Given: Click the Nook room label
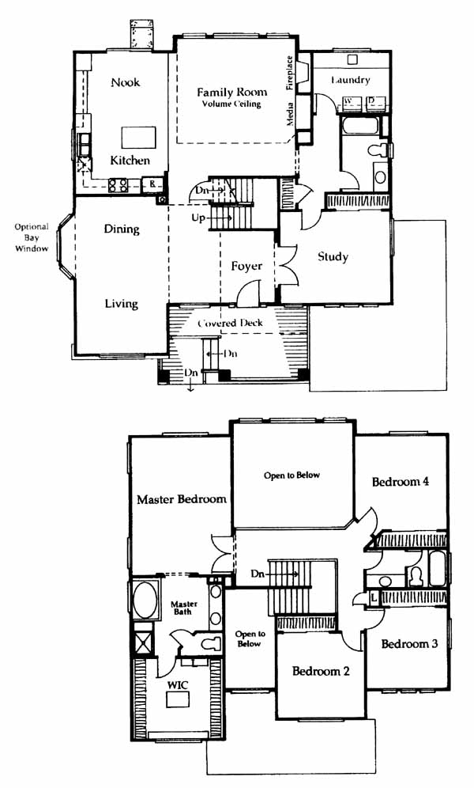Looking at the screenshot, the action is click(x=126, y=82).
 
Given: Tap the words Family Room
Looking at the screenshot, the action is click(x=231, y=92).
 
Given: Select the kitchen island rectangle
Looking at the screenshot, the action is click(x=138, y=137).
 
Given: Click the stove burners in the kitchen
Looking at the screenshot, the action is click(x=118, y=185).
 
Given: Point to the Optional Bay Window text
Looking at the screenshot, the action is click(x=31, y=237).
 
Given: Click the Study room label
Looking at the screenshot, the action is click(x=333, y=257).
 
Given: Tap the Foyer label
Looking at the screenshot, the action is click(x=246, y=266).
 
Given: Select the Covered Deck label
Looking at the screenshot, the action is click(x=230, y=323).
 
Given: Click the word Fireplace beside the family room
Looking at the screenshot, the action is click(x=289, y=72).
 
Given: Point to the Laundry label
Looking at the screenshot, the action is click(x=351, y=79).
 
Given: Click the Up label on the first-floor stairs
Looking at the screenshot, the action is click(x=198, y=218).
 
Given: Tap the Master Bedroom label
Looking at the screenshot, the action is click(x=182, y=499).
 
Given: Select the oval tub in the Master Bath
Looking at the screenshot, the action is click(x=145, y=600).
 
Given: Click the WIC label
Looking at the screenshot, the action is click(x=178, y=685).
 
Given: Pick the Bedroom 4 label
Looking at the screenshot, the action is click(x=401, y=482).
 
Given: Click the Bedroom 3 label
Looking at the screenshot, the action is click(x=409, y=644).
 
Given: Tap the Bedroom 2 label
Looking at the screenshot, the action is click(x=321, y=671).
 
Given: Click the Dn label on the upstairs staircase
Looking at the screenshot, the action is click(x=258, y=574).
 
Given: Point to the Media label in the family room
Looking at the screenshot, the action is click(x=289, y=114).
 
